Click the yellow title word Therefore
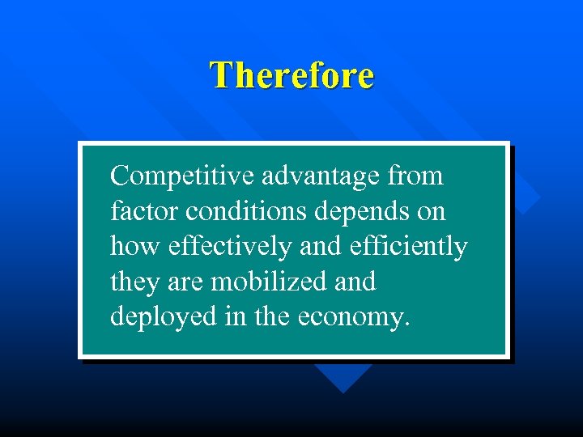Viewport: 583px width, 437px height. (291, 75)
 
